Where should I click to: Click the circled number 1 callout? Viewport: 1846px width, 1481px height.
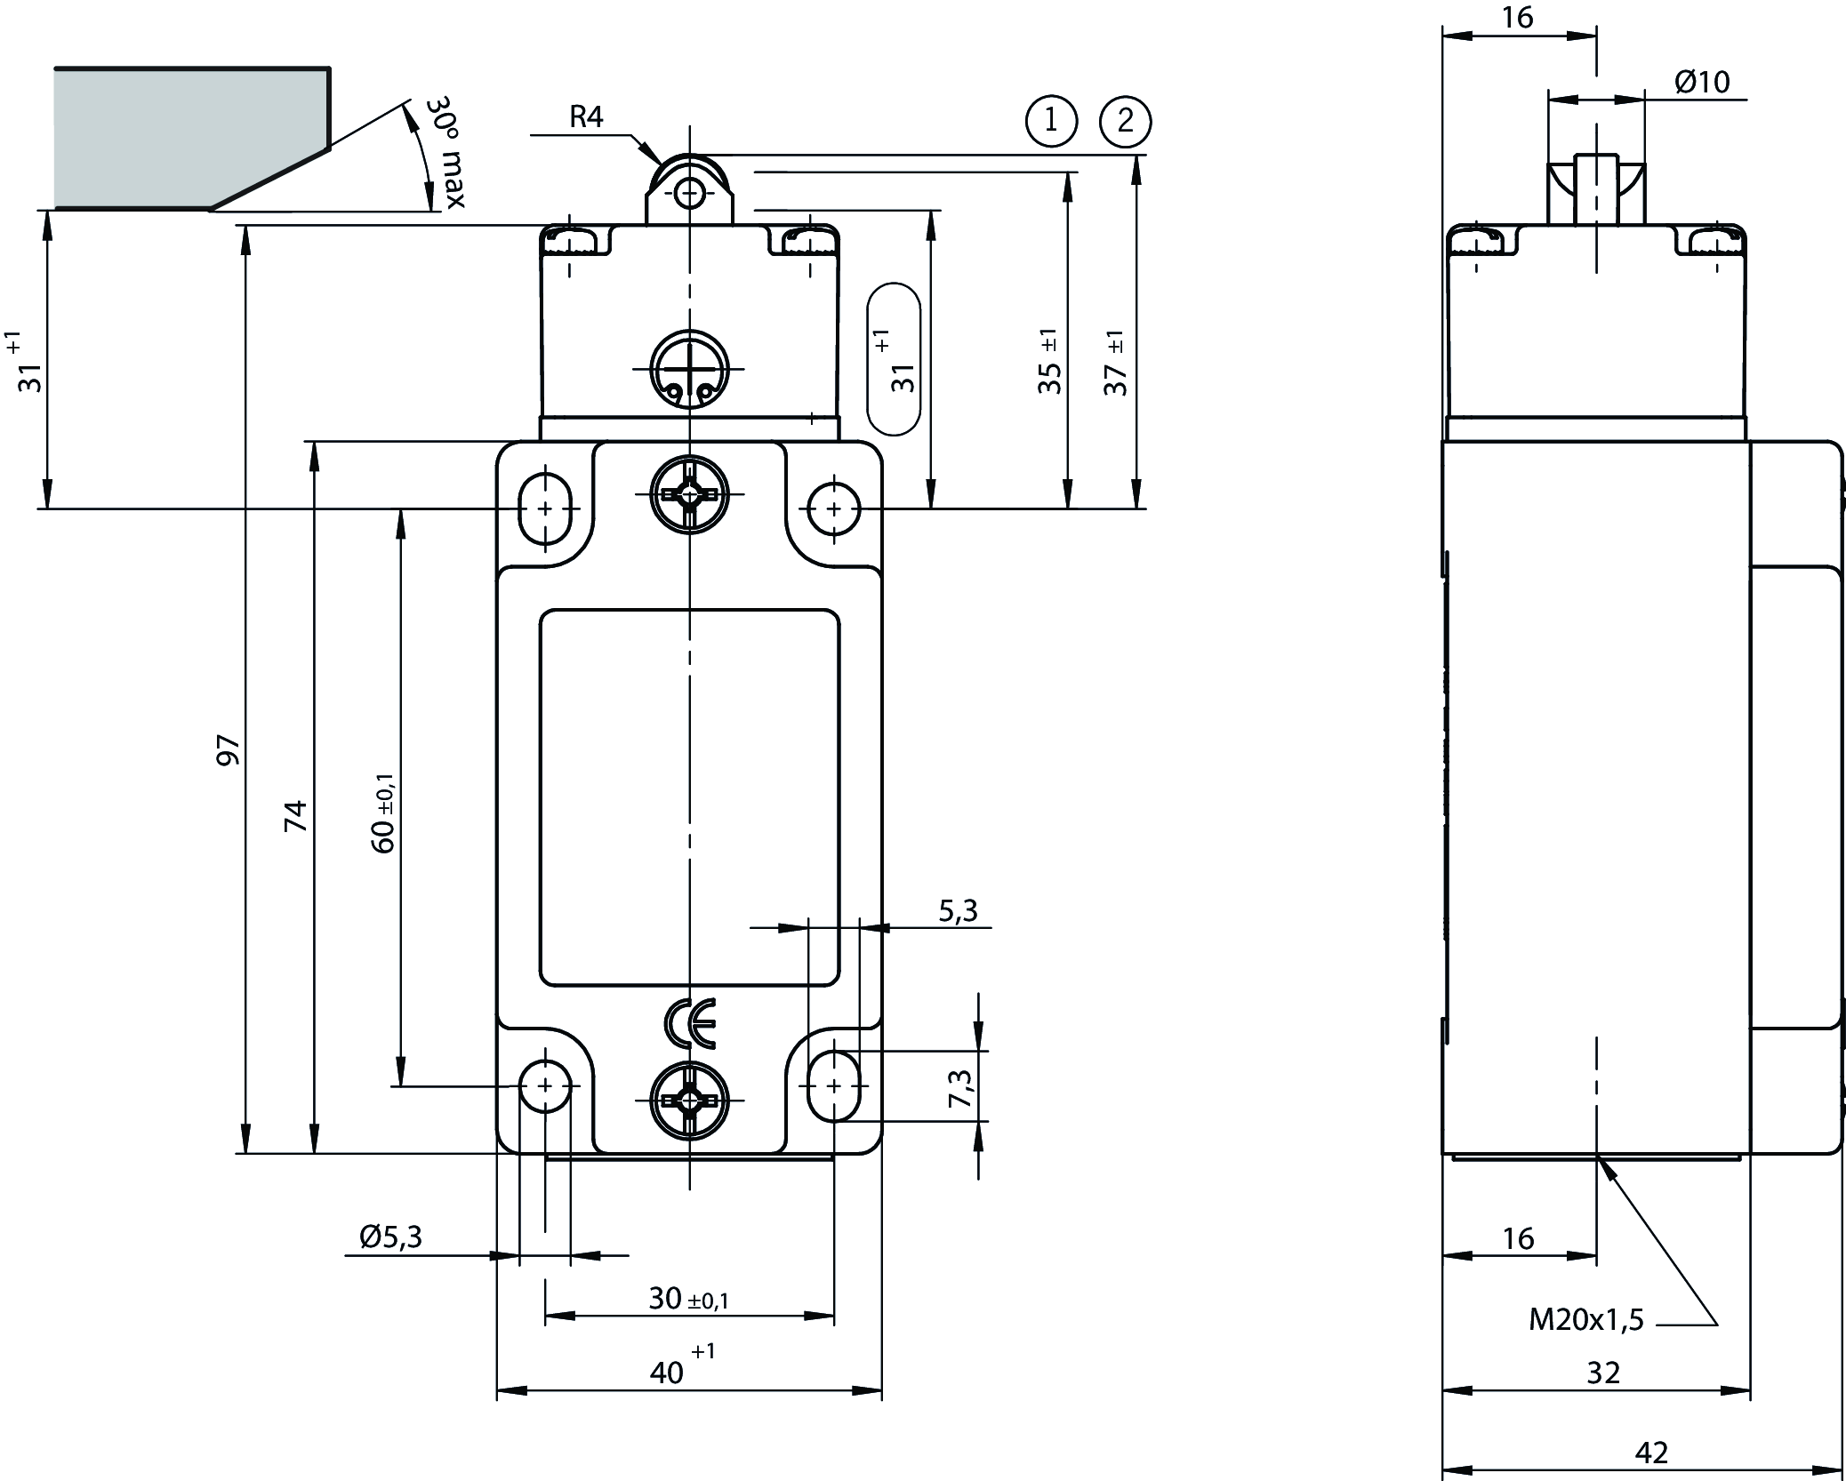point(1051,120)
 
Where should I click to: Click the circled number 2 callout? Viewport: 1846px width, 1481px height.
point(1125,120)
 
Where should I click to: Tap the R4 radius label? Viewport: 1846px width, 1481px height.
point(586,117)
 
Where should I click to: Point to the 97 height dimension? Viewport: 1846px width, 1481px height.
point(230,750)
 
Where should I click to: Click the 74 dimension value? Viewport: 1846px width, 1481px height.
point(296,815)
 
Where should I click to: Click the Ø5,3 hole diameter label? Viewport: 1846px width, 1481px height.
point(390,1237)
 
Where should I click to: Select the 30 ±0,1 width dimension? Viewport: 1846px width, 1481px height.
point(688,1299)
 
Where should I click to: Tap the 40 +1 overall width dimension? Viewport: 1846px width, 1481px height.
point(679,1368)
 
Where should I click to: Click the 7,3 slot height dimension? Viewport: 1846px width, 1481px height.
point(961,1087)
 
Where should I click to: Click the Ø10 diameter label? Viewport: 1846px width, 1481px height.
point(1702,83)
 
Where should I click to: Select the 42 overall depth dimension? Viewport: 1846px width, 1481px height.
point(1651,1453)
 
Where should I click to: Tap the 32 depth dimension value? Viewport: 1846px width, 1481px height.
point(1603,1373)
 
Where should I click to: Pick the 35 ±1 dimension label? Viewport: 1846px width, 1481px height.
point(1049,363)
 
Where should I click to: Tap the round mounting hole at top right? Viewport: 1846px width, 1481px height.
point(833,508)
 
